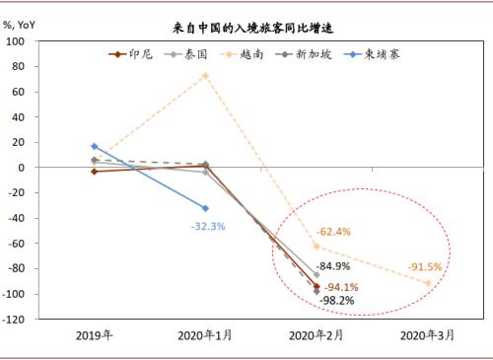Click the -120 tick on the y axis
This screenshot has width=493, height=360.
[15, 320]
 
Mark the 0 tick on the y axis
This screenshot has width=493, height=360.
[23, 168]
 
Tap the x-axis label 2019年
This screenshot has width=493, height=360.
[95, 336]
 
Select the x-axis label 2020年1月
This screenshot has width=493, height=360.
[205, 336]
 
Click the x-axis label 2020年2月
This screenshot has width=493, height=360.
[317, 336]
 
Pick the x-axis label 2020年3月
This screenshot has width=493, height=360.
[428, 336]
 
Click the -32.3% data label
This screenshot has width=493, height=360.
[208, 226]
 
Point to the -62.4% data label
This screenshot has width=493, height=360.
[334, 232]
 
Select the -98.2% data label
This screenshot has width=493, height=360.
[337, 300]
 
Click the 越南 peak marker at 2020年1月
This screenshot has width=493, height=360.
[205, 75]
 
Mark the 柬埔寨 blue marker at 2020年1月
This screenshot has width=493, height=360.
[205, 208]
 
